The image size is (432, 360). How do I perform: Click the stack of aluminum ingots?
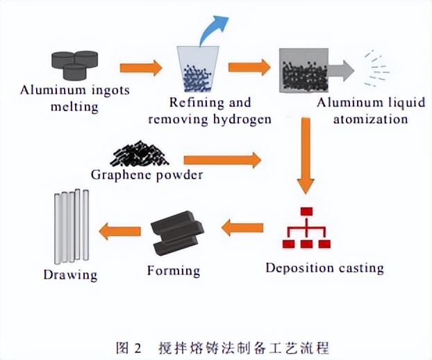[x=76, y=63]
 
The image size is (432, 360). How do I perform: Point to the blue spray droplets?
[x=374, y=66]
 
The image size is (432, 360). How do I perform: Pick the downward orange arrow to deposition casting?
[x=305, y=157]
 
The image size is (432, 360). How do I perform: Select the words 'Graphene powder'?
[x=147, y=174]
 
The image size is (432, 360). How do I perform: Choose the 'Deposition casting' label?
[x=324, y=267]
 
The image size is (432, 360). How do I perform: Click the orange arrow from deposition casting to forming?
[x=242, y=226]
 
